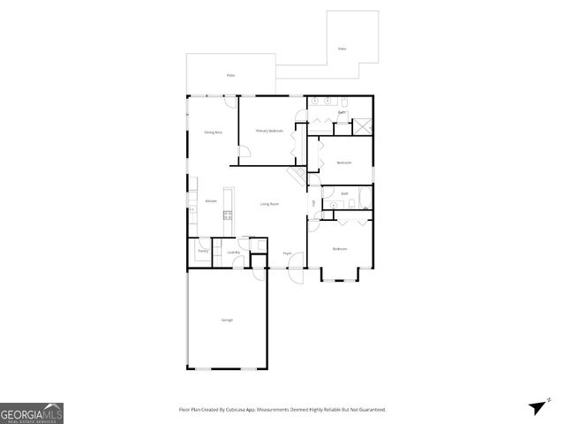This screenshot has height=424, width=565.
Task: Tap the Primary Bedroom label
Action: click(x=269, y=131)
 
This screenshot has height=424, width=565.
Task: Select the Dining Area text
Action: click(x=213, y=132)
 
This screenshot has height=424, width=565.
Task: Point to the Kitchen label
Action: click(x=211, y=201)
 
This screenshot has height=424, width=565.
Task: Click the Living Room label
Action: click(x=269, y=204)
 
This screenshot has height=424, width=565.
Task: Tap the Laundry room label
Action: click(x=233, y=253)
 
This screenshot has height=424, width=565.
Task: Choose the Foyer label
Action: click(x=287, y=254)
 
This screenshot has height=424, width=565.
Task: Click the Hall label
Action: click(x=313, y=204)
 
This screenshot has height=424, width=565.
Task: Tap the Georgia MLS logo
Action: click(x=32, y=413)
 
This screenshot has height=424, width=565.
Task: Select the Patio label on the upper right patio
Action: click(x=342, y=49)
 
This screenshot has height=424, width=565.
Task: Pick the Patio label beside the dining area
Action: click(x=230, y=75)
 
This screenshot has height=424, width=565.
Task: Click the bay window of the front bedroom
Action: click(x=339, y=278)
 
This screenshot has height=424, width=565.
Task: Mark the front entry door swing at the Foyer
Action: click(x=298, y=274)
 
